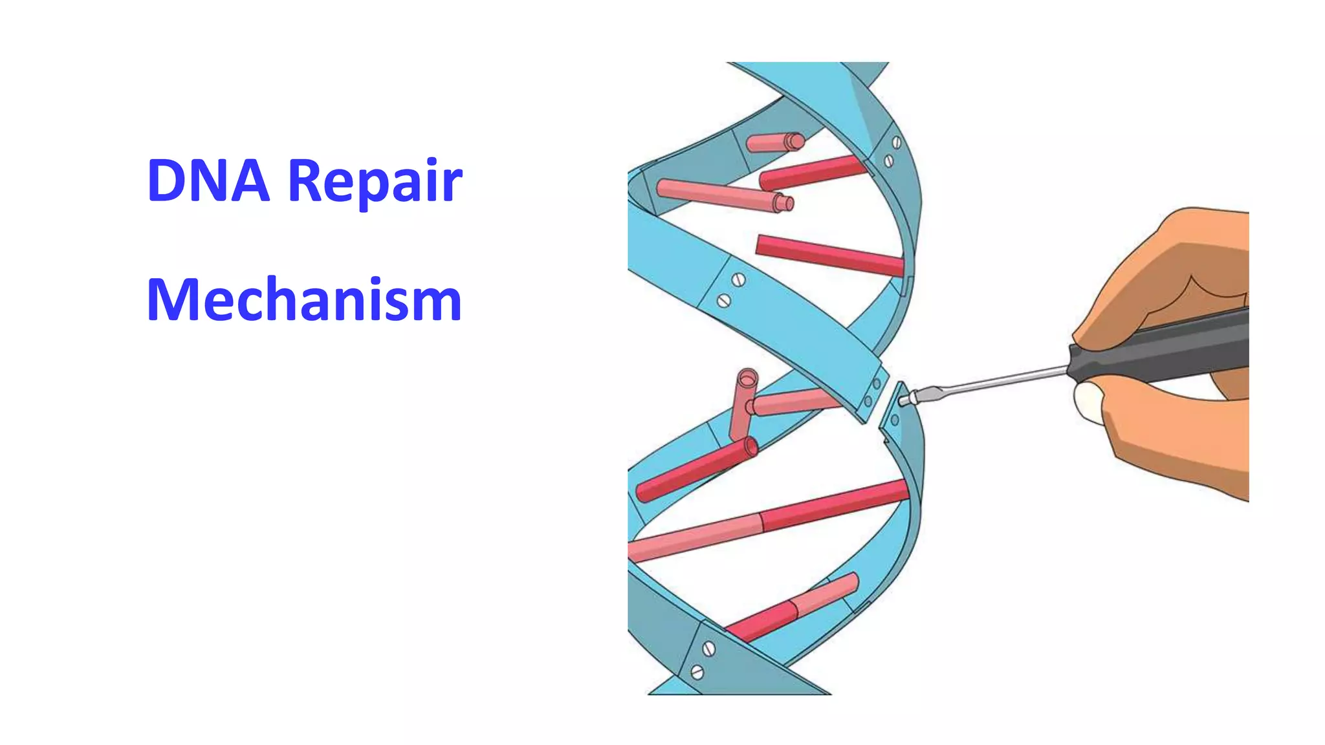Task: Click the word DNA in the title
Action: [x=208, y=180]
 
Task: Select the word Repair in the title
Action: [x=375, y=182]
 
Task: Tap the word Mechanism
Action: [x=304, y=300]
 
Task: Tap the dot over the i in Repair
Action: [x=433, y=160]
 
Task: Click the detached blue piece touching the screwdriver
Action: [x=895, y=414]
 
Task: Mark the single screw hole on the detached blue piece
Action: [x=895, y=420]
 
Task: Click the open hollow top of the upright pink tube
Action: [x=748, y=376]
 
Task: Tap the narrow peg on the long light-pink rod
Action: [x=785, y=204]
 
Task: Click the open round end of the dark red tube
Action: [x=751, y=446]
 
